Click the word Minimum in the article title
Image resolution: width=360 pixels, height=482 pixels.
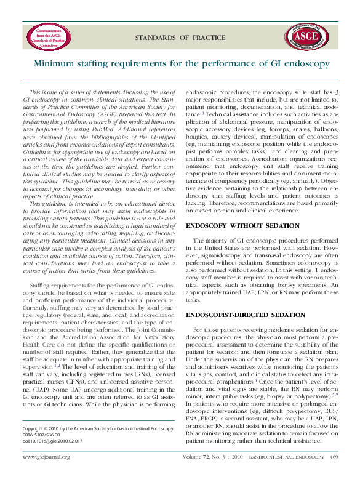pyautogui.click(x=55, y=63)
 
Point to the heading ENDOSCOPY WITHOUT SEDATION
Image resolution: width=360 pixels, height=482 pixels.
pyautogui.click(x=242, y=226)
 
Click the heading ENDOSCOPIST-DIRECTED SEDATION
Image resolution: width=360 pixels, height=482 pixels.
pyautogui.click(x=245, y=315)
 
